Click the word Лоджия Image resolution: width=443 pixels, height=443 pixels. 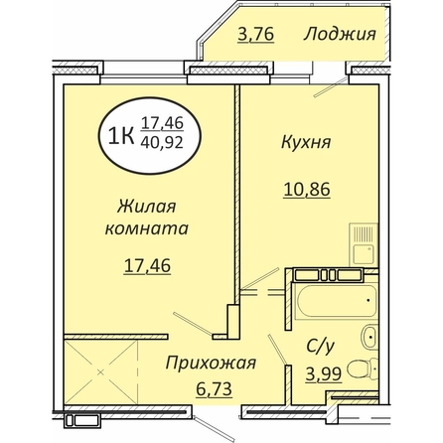[340, 35]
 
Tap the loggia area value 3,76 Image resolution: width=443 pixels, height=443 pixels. [256, 35]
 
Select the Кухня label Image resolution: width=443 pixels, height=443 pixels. [306, 143]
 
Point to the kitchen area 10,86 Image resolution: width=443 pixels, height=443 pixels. [307, 190]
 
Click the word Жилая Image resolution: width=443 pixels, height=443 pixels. [147, 207]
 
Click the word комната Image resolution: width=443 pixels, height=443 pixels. [147, 228]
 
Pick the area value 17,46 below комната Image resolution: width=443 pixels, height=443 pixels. [147, 265]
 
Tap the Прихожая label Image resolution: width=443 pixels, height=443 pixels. [211, 364]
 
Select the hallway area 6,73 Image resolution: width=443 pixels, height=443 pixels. [214, 388]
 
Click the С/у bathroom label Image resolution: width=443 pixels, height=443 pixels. [320, 348]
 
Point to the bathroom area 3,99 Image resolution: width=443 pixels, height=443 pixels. [324, 374]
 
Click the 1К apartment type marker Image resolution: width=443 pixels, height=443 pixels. [121, 136]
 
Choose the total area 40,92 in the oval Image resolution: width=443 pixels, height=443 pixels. [162, 142]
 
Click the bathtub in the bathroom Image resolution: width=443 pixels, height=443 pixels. [337, 301]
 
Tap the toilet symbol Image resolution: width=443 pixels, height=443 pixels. [364, 370]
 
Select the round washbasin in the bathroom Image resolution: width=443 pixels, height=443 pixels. [369, 337]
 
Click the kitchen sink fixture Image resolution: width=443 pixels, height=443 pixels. [364, 245]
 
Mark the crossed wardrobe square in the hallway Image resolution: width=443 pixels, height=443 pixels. [100, 372]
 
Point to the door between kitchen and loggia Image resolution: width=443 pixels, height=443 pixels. [329, 88]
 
